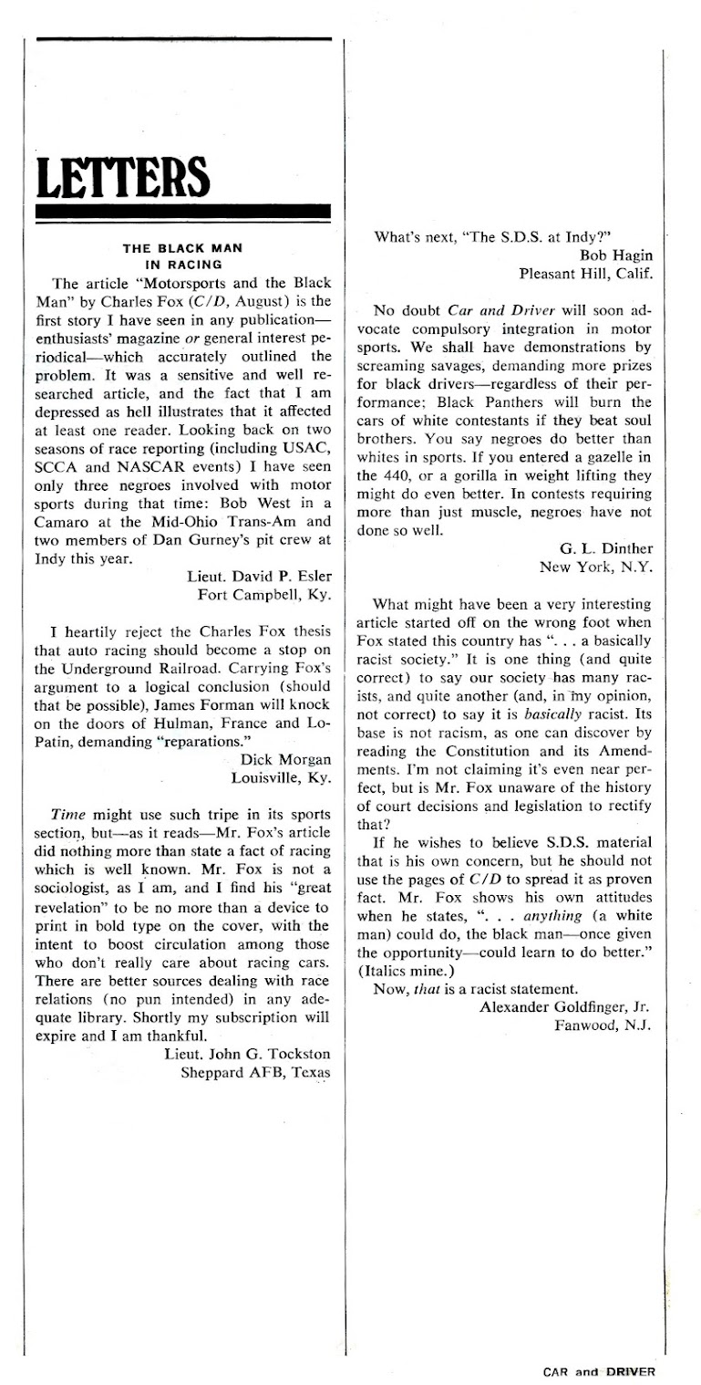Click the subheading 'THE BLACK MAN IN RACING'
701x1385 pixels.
(x=179, y=251)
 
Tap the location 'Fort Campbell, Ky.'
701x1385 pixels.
(x=263, y=597)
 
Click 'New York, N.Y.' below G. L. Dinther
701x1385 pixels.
(x=595, y=567)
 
